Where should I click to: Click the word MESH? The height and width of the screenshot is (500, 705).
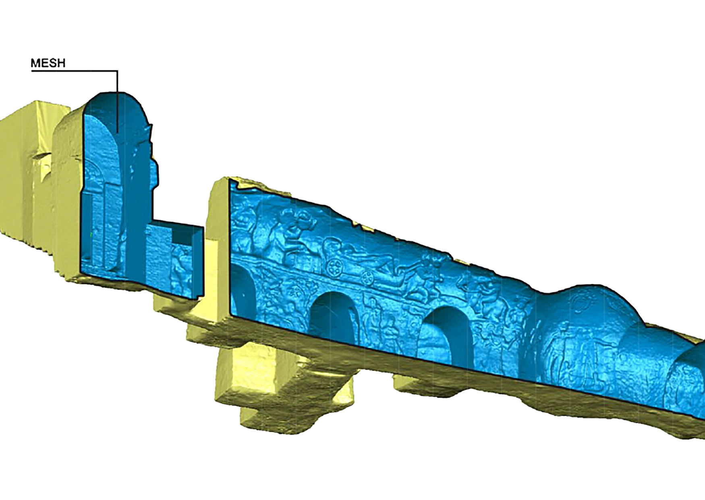coord(48,63)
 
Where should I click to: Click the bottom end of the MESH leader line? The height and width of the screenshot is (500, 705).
coord(117,132)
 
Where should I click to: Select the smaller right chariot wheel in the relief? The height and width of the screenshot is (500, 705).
coord(367,277)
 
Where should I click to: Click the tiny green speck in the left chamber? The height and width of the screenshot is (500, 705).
coord(91,233)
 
